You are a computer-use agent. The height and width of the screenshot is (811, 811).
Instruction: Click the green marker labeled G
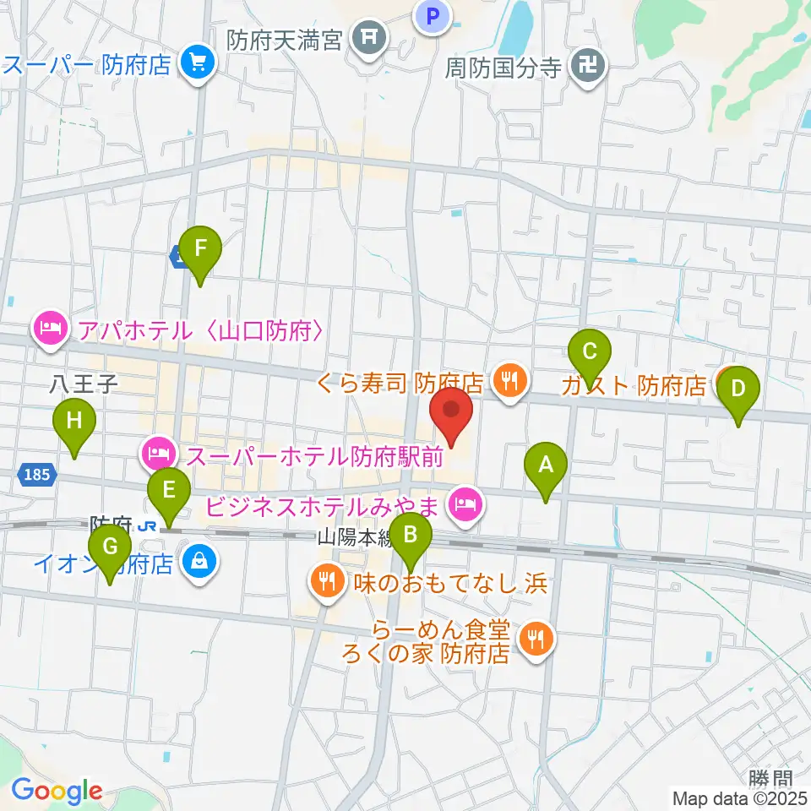coord(110,548)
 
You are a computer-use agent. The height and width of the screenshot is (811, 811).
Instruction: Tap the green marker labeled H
coord(74,422)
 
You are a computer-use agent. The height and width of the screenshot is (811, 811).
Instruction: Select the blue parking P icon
coord(433,14)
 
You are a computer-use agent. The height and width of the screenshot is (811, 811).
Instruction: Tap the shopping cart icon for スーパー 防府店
coord(198,63)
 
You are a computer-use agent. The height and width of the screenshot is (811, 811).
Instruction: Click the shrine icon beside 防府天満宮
coord(368,37)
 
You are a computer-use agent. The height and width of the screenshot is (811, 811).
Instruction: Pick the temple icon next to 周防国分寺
coord(585,66)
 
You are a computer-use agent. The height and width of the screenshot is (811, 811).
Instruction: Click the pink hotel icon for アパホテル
coord(52,329)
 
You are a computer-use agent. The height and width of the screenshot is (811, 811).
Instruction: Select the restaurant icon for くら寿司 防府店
coord(509,381)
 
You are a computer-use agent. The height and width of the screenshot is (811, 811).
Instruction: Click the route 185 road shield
coord(37,476)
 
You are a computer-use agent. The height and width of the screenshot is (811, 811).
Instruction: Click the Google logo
coord(57,791)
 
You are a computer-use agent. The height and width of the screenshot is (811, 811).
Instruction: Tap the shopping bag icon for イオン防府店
coord(199,562)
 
